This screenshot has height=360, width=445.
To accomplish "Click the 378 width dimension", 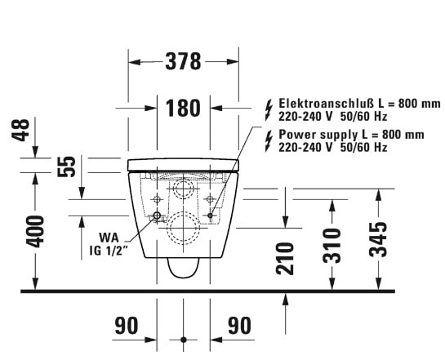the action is point(183,61).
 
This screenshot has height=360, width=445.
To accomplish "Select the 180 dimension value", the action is point(183,108).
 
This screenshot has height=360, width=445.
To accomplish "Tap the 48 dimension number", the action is point(20,131).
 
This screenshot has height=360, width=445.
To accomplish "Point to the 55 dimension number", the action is point(67,167).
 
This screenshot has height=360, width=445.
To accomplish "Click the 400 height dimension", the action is point(35,232).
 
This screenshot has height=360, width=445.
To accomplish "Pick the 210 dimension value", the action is point(285,259).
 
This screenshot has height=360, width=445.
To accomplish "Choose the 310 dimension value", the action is point(332,246).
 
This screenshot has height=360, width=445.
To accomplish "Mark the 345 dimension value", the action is point(378,240).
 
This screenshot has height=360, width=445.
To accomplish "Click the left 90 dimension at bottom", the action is point(127,326).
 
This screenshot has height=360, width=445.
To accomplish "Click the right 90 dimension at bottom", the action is point(240,326).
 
